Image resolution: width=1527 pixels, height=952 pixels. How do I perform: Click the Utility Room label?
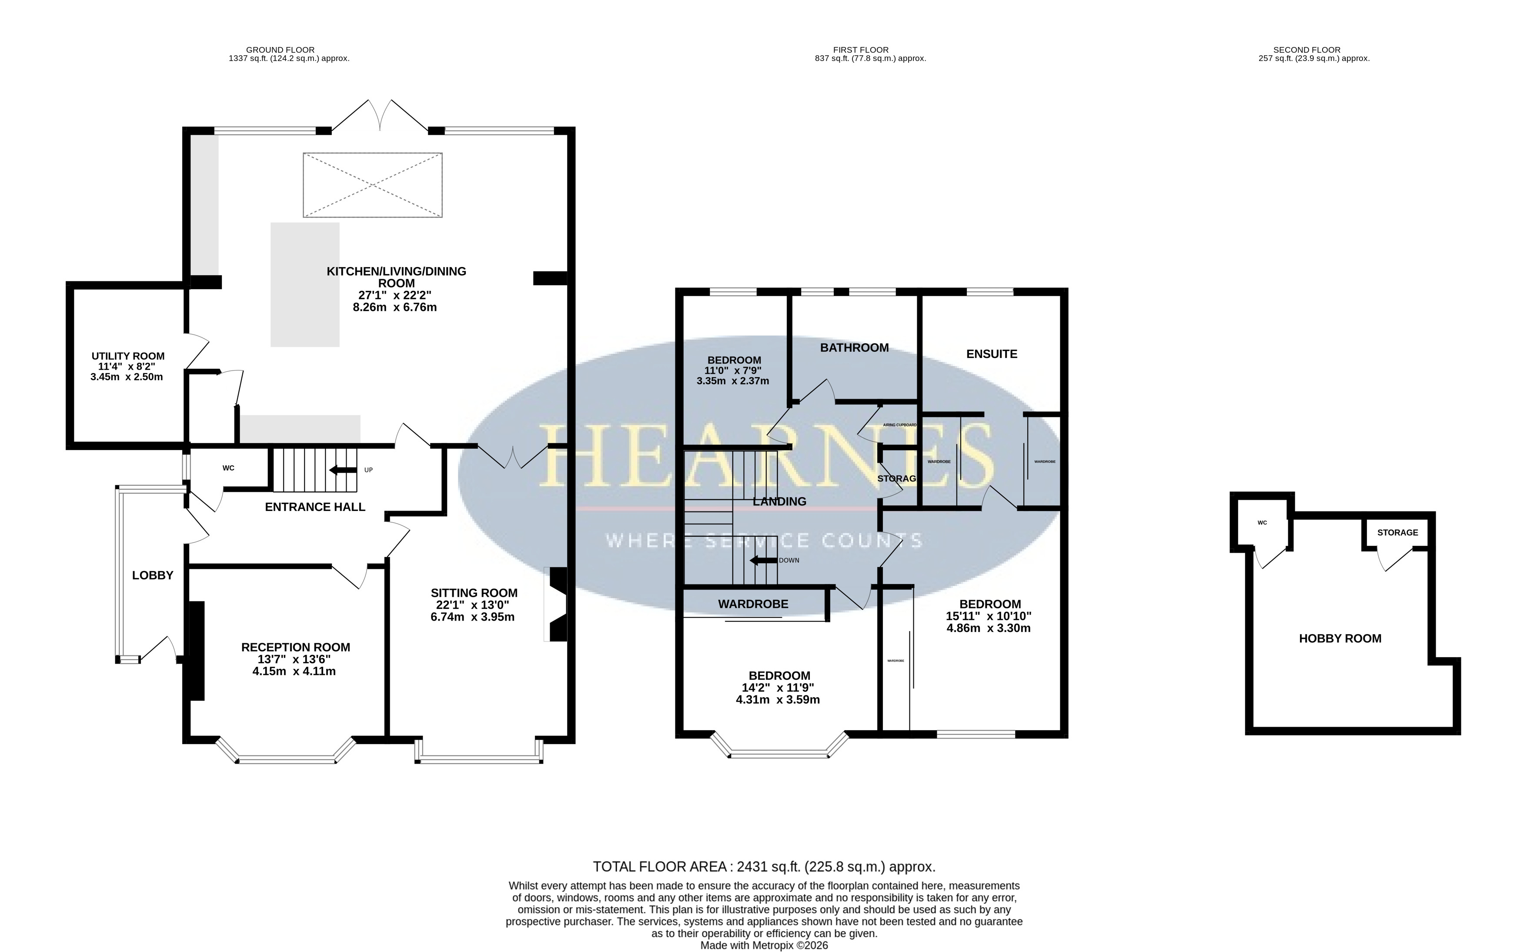click(x=128, y=356)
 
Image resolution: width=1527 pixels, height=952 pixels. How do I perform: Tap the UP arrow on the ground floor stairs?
click(x=343, y=470)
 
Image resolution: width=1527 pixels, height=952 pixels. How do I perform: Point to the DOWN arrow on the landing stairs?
click(x=762, y=560)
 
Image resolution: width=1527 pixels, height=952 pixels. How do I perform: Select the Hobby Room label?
click(x=1340, y=638)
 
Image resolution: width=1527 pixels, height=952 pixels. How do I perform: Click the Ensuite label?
click(x=992, y=354)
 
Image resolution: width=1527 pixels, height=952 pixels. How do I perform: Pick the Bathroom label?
click(x=855, y=347)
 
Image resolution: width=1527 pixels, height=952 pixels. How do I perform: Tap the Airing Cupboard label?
click(x=900, y=425)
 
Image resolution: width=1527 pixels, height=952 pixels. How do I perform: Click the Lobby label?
click(x=152, y=575)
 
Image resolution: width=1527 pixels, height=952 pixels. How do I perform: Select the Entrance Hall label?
click(x=315, y=507)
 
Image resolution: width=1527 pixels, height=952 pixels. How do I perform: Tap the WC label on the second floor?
click(x=1262, y=523)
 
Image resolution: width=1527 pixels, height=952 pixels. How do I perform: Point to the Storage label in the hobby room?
click(x=1398, y=533)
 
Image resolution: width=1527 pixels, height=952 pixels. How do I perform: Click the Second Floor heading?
click(x=1306, y=50)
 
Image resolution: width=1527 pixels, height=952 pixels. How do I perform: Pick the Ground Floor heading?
click(x=280, y=50)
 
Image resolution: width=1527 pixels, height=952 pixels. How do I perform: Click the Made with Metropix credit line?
click(x=764, y=946)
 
